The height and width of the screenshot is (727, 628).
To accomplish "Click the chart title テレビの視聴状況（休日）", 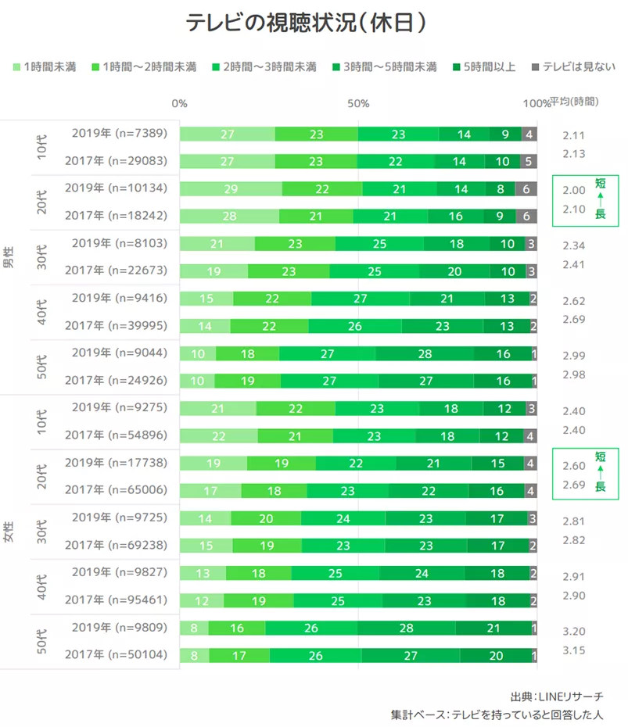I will (306, 23).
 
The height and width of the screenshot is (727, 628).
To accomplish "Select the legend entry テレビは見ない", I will (570, 66).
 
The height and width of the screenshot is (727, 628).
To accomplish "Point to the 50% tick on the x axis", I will (358, 103).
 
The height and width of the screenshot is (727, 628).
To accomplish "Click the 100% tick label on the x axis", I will (536, 103).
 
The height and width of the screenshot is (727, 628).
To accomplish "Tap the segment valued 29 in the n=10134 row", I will (231, 188).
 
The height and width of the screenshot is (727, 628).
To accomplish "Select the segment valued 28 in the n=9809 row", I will (406, 628).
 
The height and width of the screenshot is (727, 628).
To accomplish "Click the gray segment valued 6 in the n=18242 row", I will (526, 217).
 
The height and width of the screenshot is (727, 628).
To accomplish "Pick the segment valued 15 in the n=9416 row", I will (206, 299).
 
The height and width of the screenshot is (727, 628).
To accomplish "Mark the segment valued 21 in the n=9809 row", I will (492, 628).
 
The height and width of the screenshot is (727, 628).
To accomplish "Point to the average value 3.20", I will (574, 632).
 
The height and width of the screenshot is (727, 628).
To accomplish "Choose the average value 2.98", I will (574, 374).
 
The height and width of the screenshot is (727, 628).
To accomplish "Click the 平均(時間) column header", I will (574, 102).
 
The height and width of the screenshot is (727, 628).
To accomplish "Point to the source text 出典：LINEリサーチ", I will (556, 695).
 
